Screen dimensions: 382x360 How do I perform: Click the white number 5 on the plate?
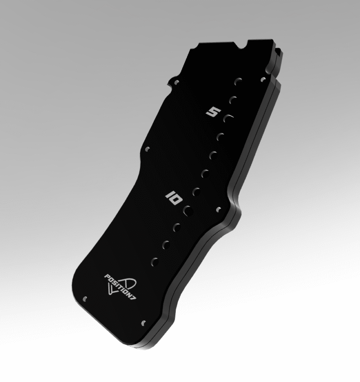point(213,112)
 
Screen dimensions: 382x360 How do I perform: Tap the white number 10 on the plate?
point(174,198)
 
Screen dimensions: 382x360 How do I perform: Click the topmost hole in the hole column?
point(238,81)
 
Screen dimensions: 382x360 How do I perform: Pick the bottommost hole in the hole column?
point(155,260)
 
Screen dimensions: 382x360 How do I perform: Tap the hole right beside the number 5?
point(228,118)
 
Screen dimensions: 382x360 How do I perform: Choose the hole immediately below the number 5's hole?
point(220,137)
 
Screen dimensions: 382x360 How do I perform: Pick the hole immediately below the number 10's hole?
point(177,227)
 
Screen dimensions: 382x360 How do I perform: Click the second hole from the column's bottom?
point(166,243)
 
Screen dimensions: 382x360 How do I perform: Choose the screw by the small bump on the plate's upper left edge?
point(176,82)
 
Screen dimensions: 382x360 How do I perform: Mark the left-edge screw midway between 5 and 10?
point(148,149)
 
